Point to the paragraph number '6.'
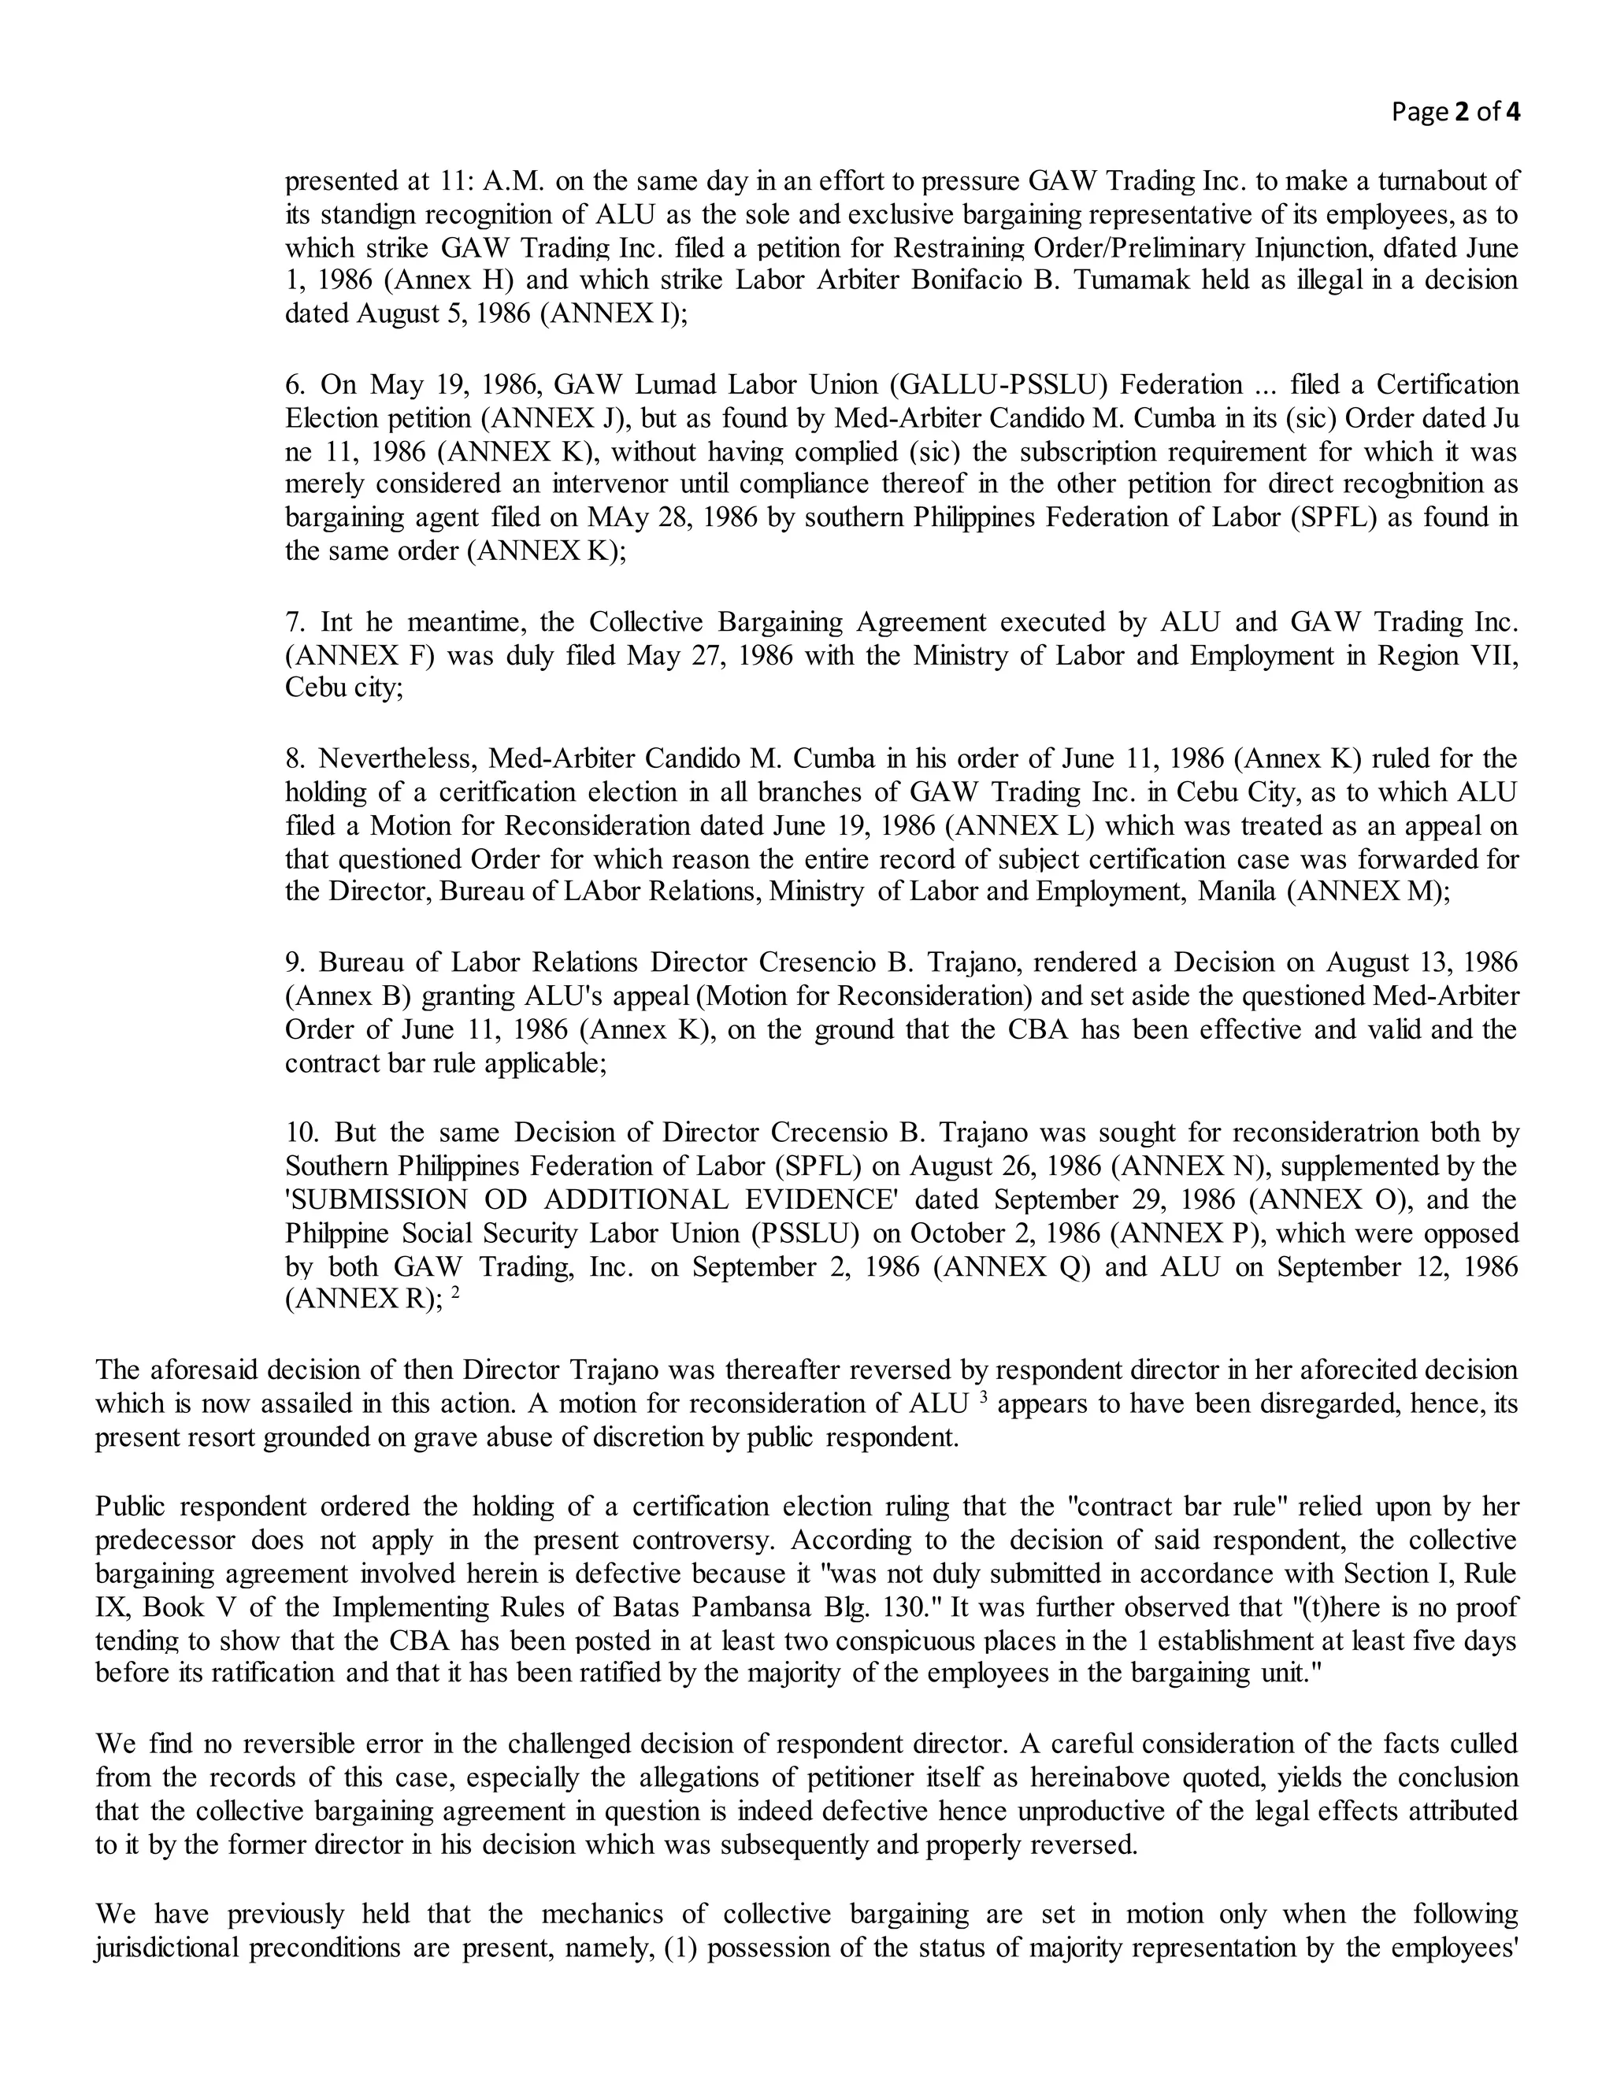click(x=295, y=385)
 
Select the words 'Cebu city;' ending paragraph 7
click(x=344, y=688)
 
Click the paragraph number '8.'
click(x=295, y=758)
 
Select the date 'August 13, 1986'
click(x=1421, y=962)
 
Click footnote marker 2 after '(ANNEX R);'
click(x=456, y=1294)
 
